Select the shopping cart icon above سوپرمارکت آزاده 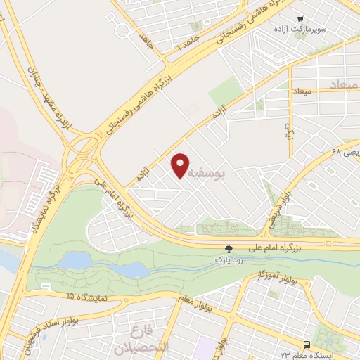[x=300, y=19]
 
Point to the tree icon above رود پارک [x=228, y=248]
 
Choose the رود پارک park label [x=228, y=259]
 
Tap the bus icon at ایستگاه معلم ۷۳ [x=307, y=345]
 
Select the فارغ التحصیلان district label [x=144, y=339]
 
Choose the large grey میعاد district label [x=344, y=84]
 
